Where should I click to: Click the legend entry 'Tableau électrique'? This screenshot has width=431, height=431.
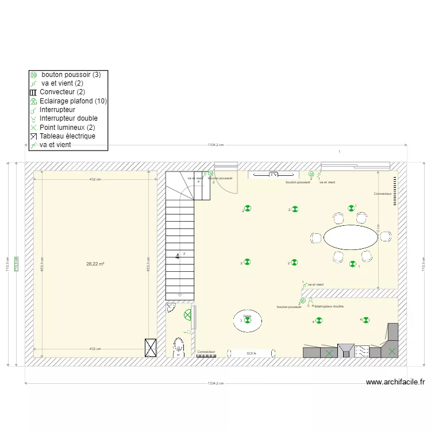67,136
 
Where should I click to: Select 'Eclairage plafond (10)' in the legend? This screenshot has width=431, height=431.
73,101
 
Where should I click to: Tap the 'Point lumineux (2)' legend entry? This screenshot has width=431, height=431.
67,128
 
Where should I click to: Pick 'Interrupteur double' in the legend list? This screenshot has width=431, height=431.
68,118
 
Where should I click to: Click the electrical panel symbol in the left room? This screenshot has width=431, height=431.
151,347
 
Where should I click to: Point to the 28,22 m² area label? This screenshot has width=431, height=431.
95,264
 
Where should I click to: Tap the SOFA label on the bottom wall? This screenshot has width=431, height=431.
251,353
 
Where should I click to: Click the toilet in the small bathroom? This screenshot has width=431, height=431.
179,347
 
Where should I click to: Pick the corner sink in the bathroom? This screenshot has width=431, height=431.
171,307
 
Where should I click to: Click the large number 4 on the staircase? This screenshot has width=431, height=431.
177,257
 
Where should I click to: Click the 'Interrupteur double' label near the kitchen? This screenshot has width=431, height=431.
329,307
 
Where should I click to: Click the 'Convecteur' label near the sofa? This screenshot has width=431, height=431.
206,351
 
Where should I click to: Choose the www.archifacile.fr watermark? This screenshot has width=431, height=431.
395,382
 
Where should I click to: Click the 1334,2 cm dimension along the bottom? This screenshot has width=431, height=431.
215,383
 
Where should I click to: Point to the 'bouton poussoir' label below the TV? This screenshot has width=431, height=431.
297,182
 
